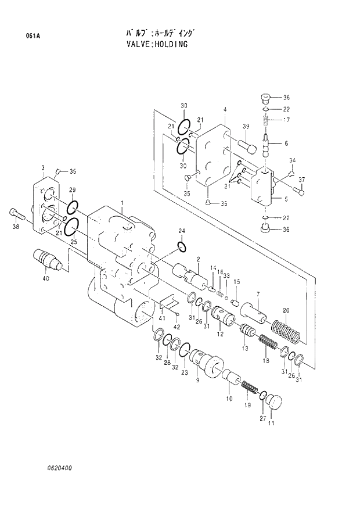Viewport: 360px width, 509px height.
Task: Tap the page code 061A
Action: [x=33, y=36]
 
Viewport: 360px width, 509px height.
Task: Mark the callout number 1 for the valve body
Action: [x=123, y=202]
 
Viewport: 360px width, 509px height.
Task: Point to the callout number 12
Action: [x=221, y=334]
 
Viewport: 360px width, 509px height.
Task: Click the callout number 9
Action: [x=197, y=380]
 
